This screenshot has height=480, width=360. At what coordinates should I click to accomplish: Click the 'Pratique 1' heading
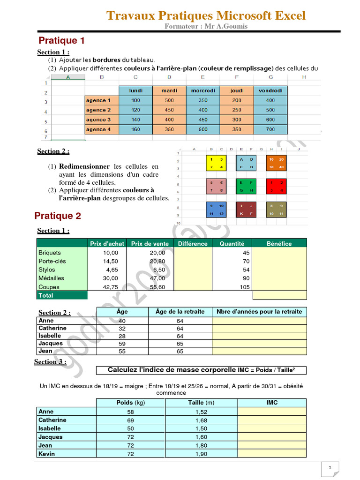(61, 41)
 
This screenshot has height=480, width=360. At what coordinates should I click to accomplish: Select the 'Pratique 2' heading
(58, 216)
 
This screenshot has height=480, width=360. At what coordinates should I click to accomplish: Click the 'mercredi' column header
(202, 90)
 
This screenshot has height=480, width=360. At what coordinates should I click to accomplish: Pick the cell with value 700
(270, 129)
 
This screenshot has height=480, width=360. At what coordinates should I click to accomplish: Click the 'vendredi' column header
(270, 90)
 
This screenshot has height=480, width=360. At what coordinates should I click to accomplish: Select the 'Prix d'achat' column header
(107, 243)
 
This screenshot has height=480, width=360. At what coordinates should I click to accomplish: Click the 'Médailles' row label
(52, 278)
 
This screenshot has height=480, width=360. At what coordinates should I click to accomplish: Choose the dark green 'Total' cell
(62, 295)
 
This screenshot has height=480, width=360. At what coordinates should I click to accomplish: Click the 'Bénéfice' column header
(279, 243)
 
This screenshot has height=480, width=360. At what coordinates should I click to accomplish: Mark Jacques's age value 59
(121, 343)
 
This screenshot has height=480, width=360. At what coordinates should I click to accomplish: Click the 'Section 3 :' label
(50, 361)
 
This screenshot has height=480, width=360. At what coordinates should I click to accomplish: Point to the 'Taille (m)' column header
(201, 403)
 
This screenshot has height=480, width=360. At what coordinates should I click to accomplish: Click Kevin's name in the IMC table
(46, 454)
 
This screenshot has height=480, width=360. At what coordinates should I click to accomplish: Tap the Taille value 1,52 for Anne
(201, 412)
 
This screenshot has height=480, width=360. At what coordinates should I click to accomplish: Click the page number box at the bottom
(330, 467)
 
